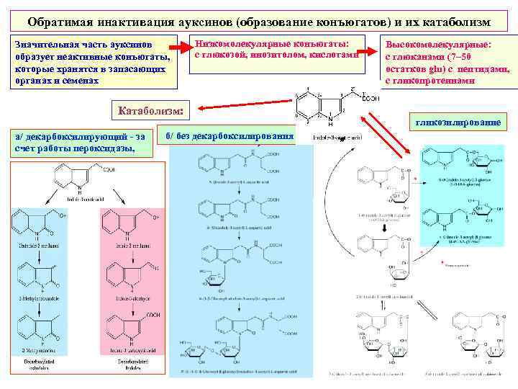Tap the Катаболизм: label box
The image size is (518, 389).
point(150,110)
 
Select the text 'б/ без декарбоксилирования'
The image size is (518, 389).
point(230,135)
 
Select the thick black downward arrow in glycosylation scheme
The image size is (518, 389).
point(386,229)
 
